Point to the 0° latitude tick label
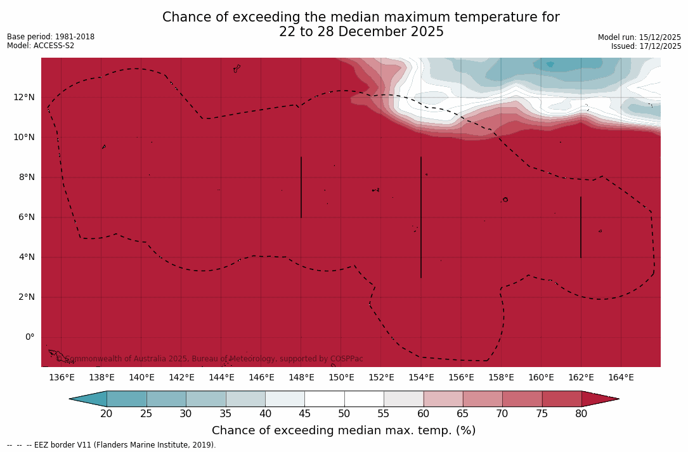point(29,337)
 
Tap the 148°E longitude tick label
point(301,378)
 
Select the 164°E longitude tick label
point(621,378)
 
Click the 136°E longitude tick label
point(62,378)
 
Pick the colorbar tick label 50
point(344,414)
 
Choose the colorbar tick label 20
point(107,414)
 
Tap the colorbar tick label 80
point(581,414)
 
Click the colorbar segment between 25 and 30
point(166,399)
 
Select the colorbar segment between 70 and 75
point(522,399)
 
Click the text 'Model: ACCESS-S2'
point(41,46)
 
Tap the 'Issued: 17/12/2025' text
point(646,46)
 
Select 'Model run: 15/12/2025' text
point(639,37)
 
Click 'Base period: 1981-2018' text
point(51,37)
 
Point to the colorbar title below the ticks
point(344,431)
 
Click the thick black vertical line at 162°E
point(581,227)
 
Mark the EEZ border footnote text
point(112,445)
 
